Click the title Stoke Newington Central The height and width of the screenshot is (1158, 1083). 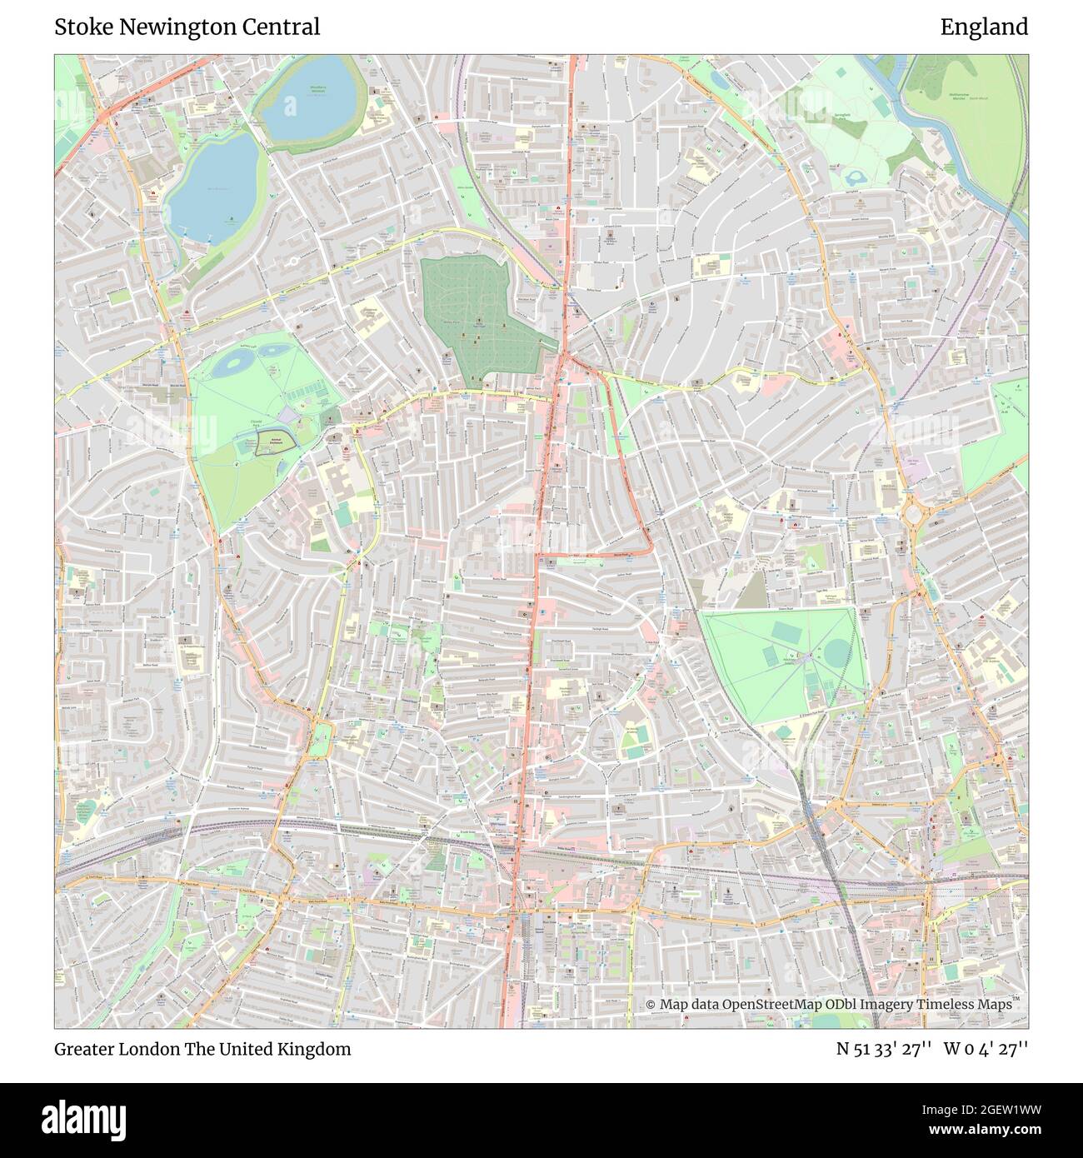pos(187,27)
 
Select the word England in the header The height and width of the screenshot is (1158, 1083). pos(984,27)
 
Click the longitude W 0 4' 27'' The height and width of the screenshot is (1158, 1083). pos(986,1049)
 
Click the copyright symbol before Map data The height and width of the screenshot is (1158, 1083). pos(651,1005)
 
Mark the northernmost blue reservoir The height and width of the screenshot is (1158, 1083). pos(309,93)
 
